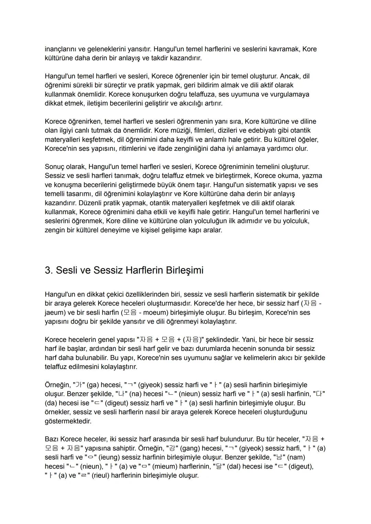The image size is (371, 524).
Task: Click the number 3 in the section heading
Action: (48, 270)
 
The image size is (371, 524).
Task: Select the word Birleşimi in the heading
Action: (184, 270)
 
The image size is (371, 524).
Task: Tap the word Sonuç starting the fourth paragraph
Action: (55, 167)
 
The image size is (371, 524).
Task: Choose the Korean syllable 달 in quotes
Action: (217, 467)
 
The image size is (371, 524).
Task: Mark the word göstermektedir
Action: (68, 421)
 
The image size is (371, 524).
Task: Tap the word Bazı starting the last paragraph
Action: (52, 439)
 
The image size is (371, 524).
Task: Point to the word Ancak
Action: (291, 76)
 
